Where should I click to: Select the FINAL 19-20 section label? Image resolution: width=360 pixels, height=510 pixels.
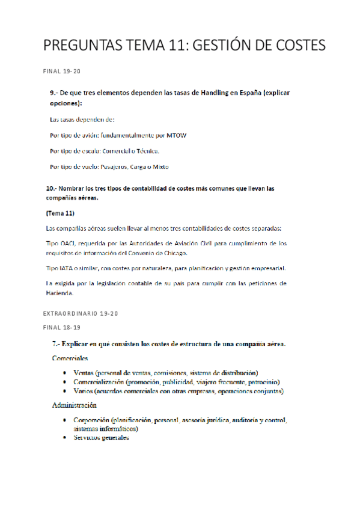pos(62,71)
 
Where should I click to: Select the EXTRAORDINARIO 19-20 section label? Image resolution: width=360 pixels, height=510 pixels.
pos(81,314)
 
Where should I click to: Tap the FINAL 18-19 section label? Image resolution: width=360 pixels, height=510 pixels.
pos(62,327)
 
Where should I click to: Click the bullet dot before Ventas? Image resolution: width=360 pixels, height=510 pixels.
pos(66,373)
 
